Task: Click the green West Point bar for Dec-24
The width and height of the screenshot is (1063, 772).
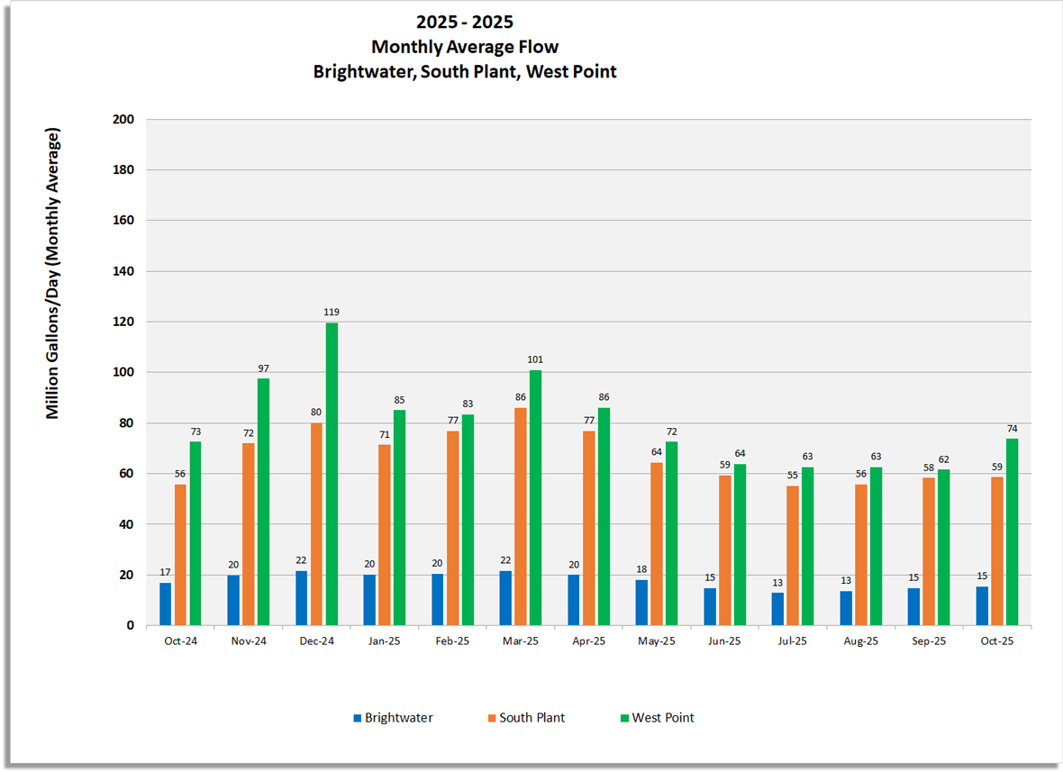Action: (x=332, y=474)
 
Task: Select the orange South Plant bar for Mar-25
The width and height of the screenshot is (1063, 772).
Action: (x=521, y=516)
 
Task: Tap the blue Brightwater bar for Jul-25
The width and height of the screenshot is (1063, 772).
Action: (x=777, y=609)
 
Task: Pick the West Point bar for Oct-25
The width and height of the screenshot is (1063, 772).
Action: (x=1012, y=531)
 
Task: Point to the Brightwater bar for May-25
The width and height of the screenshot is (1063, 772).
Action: (x=641, y=603)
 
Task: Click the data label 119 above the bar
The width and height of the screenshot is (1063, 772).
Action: (x=332, y=312)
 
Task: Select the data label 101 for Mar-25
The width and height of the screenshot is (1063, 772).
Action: (x=535, y=359)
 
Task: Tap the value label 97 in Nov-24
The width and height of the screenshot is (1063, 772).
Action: (x=263, y=368)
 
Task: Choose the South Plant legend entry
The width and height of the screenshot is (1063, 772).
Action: (x=531, y=718)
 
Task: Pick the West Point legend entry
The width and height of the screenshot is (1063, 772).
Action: (x=662, y=718)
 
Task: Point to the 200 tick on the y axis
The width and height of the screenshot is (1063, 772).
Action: (x=123, y=119)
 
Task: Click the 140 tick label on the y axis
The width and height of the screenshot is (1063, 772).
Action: (x=123, y=271)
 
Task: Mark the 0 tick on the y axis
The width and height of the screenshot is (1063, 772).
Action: (x=130, y=625)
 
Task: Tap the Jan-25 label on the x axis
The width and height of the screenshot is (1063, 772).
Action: (x=384, y=641)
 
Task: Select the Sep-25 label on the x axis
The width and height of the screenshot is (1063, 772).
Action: (x=929, y=641)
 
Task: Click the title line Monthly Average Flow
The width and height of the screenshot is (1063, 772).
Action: (x=465, y=47)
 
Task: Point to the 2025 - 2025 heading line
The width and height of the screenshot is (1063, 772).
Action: (x=465, y=22)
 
